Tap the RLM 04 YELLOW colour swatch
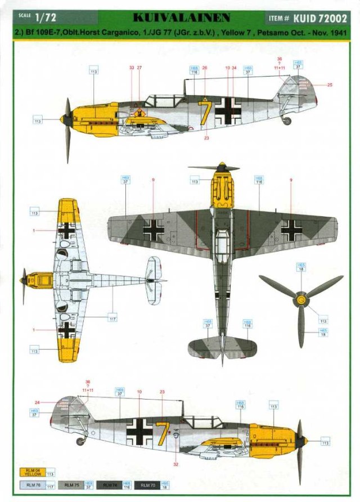(33, 473)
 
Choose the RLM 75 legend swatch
(70, 485)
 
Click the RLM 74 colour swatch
(107, 485)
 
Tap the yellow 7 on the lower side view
(163, 431)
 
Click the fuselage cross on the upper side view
(228, 111)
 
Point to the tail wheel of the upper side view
(287, 120)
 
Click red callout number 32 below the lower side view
(176, 464)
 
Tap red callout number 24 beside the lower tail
(37, 402)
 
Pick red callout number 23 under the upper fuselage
(206, 137)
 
